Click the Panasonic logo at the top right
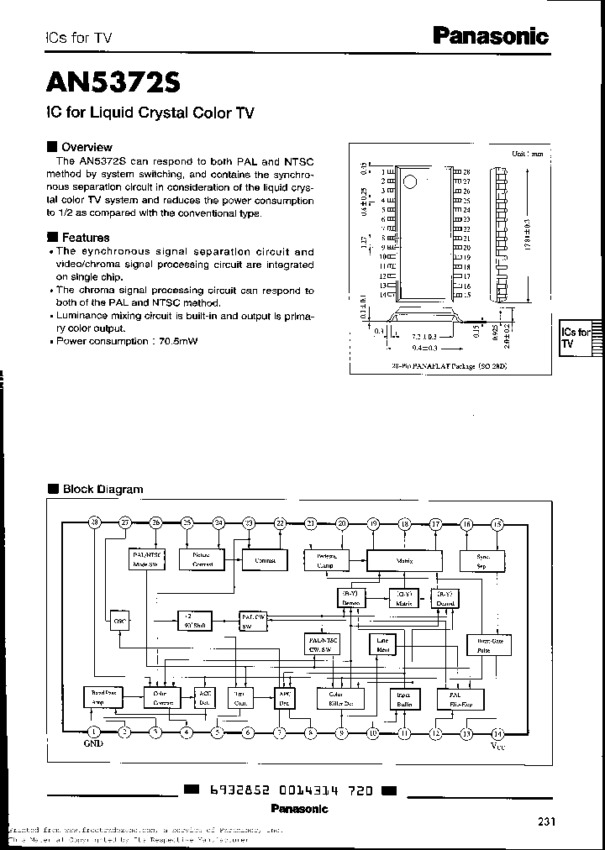coord(490,36)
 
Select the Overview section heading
coord(87,147)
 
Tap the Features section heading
coord(86,238)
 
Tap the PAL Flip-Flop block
coord(454,700)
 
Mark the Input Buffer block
coord(402,699)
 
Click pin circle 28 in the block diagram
coord(94,523)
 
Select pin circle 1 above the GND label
coord(93,732)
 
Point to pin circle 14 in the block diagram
coord(497,732)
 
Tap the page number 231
coord(546,822)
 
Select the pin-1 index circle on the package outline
coord(408,181)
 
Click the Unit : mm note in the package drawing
coord(527,155)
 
